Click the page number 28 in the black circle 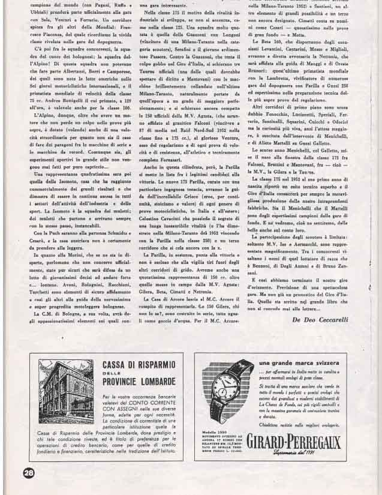28,473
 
